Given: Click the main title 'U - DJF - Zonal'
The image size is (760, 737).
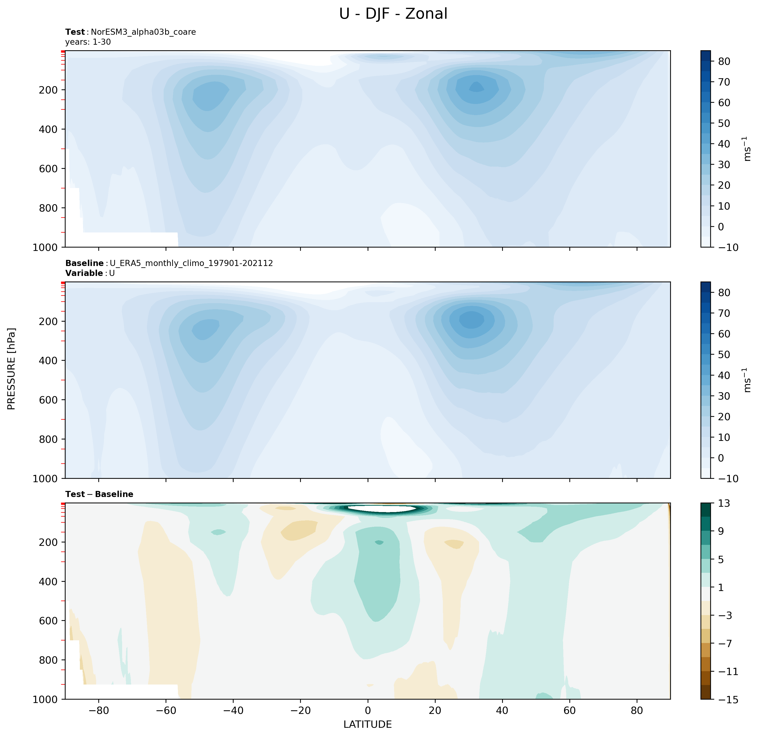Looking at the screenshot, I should coord(393,14).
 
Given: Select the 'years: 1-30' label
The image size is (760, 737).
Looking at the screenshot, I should coord(88,42).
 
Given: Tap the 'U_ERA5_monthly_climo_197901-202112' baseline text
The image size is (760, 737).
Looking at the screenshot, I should coord(191,263).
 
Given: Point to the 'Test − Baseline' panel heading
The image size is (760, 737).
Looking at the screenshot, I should coord(99,494).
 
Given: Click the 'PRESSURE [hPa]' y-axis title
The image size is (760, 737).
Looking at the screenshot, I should coord(12,369).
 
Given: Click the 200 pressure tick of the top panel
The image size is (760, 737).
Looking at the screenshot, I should coord(49,90).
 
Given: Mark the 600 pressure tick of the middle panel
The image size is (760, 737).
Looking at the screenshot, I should coord(49,400).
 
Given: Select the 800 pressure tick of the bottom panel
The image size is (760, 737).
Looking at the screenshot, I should coord(49,660).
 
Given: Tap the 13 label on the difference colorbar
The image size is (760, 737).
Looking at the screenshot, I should coord(724,504).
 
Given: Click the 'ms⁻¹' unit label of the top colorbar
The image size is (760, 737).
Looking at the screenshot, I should coord(747,149).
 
